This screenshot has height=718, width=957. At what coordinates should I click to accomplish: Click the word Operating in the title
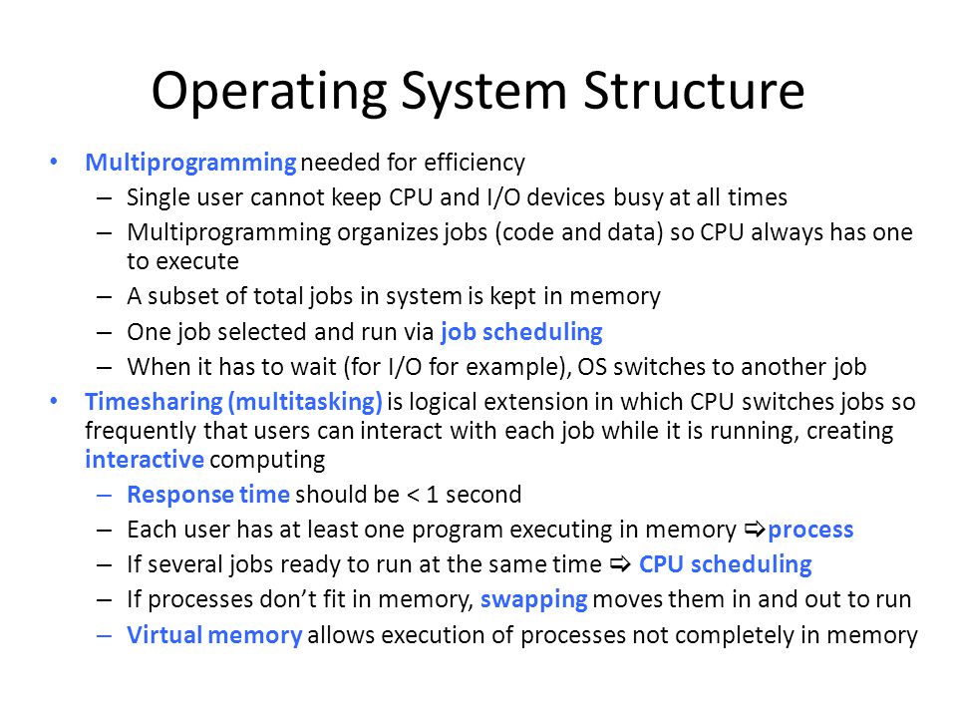click(268, 92)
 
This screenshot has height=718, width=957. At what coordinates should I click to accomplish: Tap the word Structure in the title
click(694, 90)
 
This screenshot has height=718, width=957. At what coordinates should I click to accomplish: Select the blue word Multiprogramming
click(190, 163)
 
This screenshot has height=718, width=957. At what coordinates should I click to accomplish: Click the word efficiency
click(475, 163)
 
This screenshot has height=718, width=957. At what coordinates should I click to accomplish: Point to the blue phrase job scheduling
click(521, 332)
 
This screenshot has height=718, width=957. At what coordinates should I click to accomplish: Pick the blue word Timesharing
click(154, 402)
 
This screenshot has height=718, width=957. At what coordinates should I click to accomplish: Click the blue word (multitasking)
click(305, 402)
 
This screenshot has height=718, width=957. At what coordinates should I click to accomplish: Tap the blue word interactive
click(145, 459)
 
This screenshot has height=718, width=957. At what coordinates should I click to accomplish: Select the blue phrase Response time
click(208, 495)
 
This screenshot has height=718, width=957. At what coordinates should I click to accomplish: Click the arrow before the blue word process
click(755, 530)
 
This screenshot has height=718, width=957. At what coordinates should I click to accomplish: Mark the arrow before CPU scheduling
click(620, 564)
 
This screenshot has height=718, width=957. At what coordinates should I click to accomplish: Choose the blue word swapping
click(534, 600)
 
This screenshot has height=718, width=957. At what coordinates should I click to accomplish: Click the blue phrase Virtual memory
click(214, 635)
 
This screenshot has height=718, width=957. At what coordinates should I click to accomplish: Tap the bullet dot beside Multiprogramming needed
click(54, 162)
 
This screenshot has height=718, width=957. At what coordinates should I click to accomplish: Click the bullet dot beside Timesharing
click(54, 401)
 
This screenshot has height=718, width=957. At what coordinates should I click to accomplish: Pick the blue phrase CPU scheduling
click(725, 564)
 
